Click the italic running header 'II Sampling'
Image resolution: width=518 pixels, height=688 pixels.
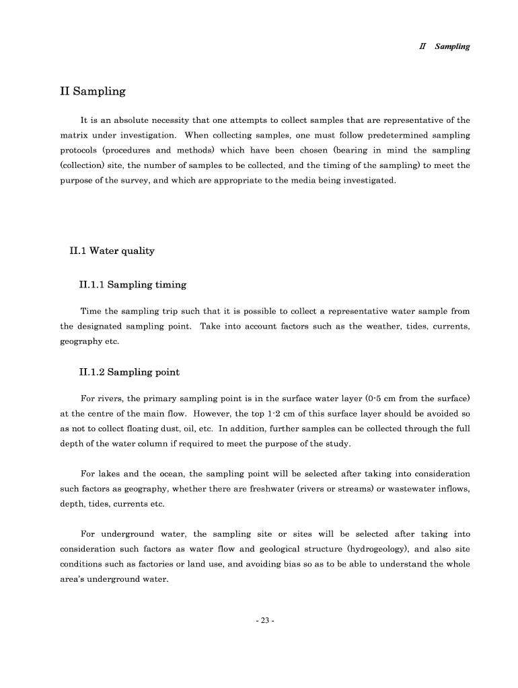(x=444, y=46)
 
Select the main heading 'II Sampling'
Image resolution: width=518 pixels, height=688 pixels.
(x=92, y=91)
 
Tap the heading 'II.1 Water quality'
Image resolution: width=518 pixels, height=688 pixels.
(x=112, y=251)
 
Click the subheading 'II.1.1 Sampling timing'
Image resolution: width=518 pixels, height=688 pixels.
(x=133, y=284)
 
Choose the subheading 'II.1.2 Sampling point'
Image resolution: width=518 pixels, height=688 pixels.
(x=129, y=372)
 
